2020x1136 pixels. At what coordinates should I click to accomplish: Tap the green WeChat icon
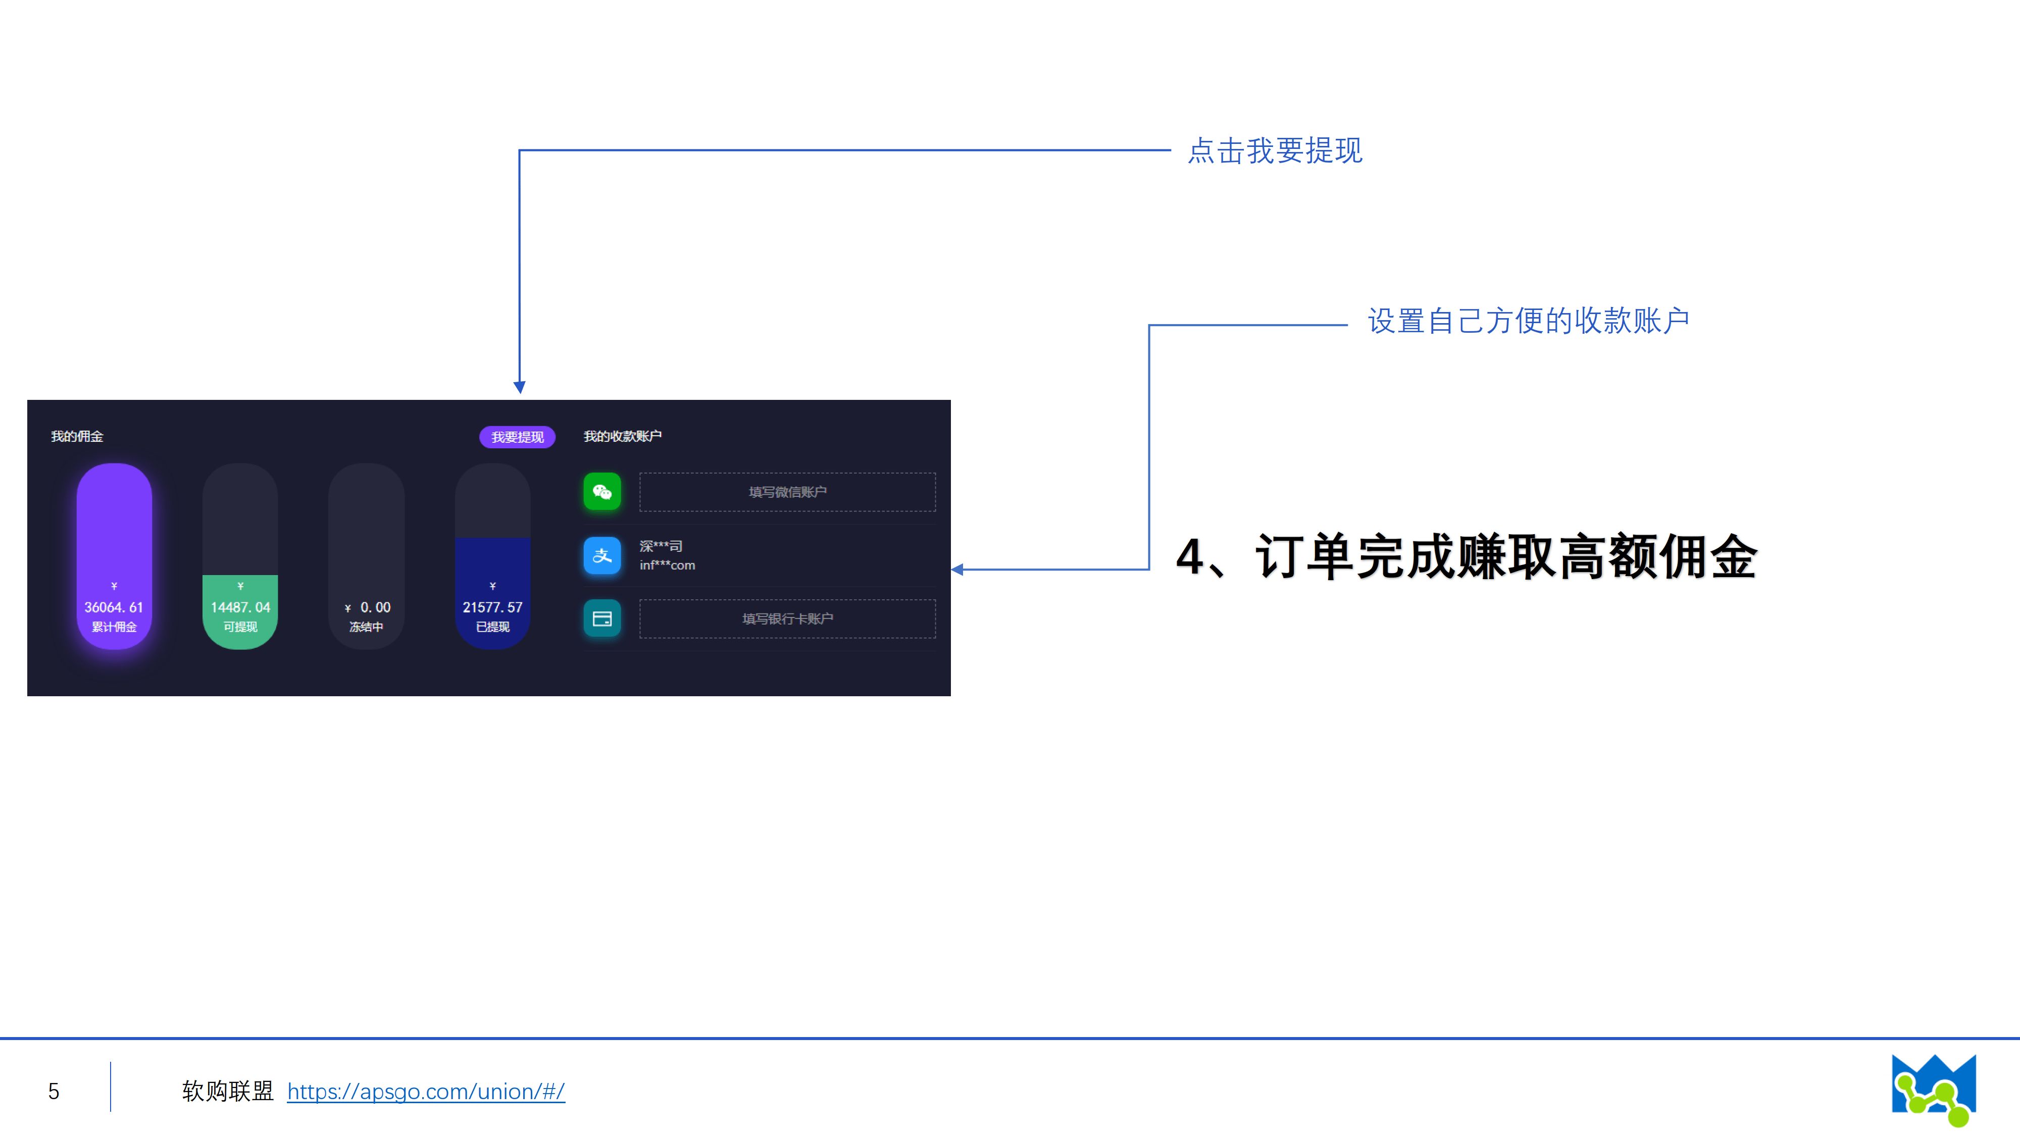click(602, 492)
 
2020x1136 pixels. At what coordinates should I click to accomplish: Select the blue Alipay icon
click(602, 555)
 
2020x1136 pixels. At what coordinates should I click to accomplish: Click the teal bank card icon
click(602, 618)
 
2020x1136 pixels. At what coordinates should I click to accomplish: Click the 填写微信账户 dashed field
click(787, 492)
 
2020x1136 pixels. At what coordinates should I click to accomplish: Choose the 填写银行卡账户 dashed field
click(787, 618)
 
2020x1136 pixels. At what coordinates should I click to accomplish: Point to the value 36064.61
click(114, 607)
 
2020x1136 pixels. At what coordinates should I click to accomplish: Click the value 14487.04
click(240, 607)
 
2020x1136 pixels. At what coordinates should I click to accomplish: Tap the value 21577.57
click(492, 607)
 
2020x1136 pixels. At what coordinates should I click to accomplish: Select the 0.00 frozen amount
click(375, 607)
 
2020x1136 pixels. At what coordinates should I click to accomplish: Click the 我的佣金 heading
click(77, 436)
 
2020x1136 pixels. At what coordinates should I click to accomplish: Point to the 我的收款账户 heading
click(623, 436)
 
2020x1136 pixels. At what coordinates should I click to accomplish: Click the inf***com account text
click(667, 565)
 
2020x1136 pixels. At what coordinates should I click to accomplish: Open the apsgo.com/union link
click(426, 1091)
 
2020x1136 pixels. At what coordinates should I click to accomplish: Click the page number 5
click(54, 1091)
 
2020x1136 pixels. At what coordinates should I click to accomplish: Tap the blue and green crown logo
click(1934, 1089)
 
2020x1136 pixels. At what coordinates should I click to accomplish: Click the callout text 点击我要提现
click(1275, 150)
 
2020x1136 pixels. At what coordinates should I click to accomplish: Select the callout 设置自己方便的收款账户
click(1528, 321)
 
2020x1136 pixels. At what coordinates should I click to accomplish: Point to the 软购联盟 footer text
click(227, 1091)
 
